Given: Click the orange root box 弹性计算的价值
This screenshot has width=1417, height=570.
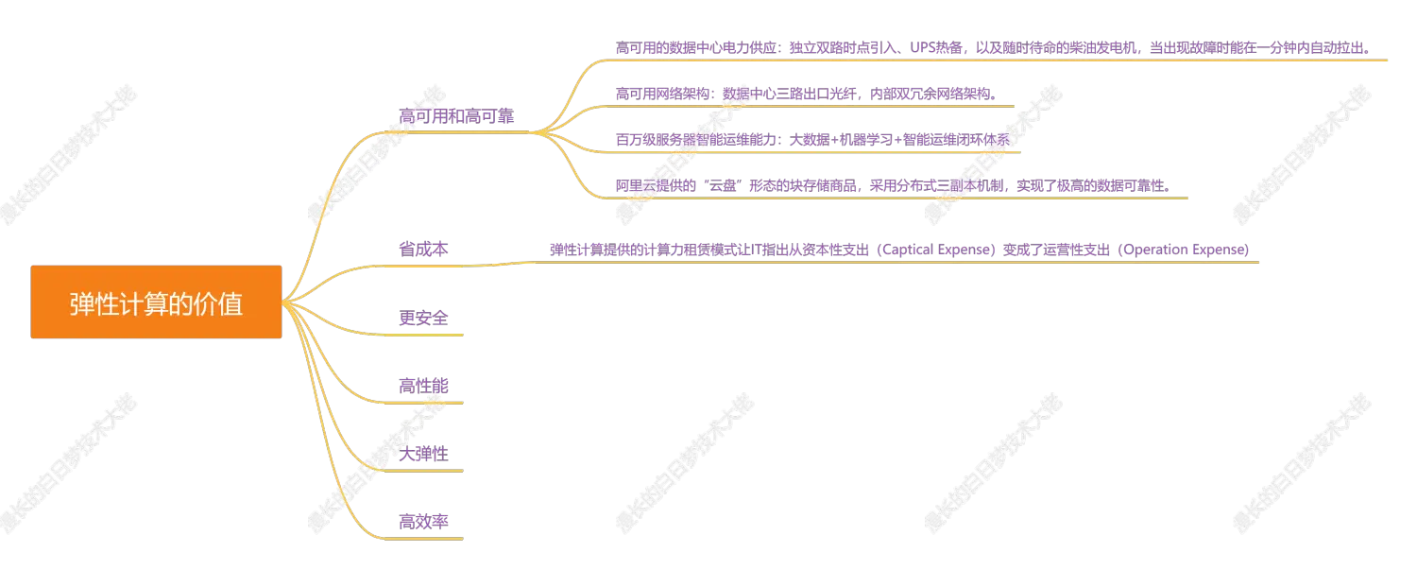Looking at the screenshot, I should click(x=156, y=302).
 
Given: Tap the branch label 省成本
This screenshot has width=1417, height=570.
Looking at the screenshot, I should click(x=424, y=250).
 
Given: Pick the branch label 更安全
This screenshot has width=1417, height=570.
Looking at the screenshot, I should click(x=424, y=318).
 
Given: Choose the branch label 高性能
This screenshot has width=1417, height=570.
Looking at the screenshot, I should click(x=424, y=386).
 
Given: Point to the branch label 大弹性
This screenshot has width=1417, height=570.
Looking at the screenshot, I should click(x=424, y=454).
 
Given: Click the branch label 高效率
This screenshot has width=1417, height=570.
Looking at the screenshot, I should click(x=424, y=522).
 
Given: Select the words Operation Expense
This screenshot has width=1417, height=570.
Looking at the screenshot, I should click(x=1185, y=250).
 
